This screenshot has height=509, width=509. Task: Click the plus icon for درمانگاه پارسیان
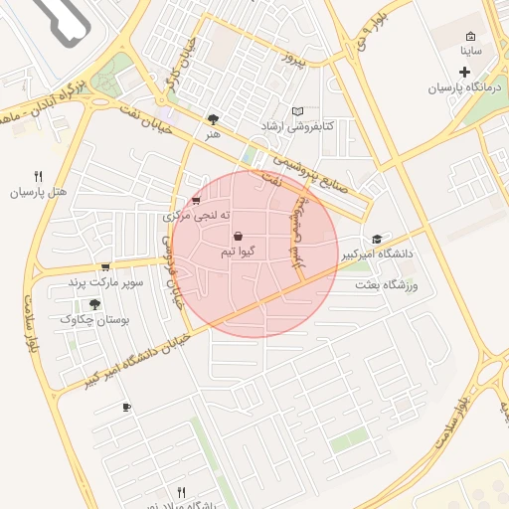pos(464,71)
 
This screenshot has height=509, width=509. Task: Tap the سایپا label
pos(470,49)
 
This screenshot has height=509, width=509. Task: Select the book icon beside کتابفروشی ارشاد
pos(297,111)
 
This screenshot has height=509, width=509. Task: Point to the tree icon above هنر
pos(212,118)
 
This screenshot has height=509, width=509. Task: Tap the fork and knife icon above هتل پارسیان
pos(38,176)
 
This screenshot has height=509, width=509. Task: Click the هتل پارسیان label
pos(37,193)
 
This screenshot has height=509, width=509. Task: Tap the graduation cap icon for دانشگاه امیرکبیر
pos(376,239)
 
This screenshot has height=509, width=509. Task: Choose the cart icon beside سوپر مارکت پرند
pos(104,266)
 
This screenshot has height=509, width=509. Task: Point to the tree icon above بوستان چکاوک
pos(94,303)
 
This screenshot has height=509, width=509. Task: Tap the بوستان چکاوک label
pos(91,319)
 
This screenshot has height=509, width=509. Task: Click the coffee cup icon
pos(125,408)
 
